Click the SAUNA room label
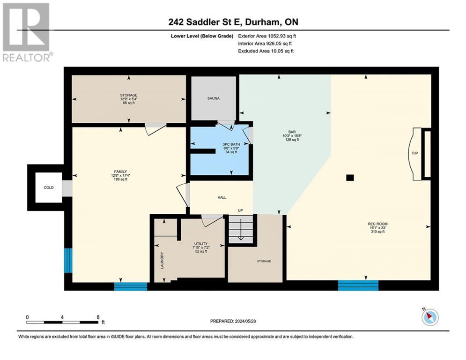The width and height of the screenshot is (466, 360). click(214, 98)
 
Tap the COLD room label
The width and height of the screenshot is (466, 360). click(49, 187)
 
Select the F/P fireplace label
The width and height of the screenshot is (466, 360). click(415, 153)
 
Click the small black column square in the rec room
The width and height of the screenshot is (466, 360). click(350, 178)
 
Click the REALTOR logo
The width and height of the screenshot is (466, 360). click(27, 32)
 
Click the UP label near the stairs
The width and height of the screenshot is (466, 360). click(240, 210)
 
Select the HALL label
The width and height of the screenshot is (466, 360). click(222, 197)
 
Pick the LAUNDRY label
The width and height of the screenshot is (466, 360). click(162, 260)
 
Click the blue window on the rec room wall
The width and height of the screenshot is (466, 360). click(358, 285)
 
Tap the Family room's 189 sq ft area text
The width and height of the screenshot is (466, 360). click(120, 179)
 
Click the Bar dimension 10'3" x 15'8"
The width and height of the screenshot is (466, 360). click(292, 135)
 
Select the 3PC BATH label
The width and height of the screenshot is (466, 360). click(231, 144)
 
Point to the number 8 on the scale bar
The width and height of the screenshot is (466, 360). click(98, 317)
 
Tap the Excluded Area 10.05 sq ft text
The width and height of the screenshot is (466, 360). click(266, 51)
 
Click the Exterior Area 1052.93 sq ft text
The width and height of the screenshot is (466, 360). click(267, 36)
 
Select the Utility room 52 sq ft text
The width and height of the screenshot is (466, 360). click(200, 251)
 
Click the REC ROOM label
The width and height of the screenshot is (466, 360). click(377, 224)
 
